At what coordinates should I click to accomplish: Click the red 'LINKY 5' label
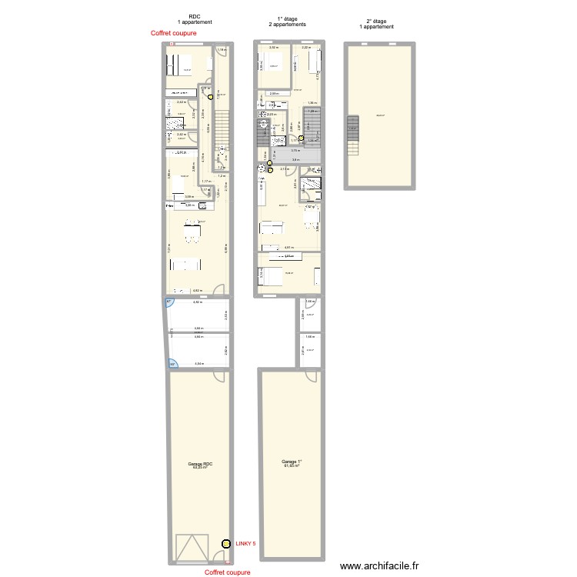(x=246, y=543)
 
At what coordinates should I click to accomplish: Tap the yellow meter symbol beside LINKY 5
(x=225, y=544)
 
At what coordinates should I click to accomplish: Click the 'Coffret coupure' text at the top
(x=174, y=33)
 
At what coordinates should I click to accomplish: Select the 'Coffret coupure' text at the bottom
(x=228, y=572)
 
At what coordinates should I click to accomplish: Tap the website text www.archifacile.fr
(x=380, y=565)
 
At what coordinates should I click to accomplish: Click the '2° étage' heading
(x=376, y=22)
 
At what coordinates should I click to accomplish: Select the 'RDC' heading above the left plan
(x=195, y=16)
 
